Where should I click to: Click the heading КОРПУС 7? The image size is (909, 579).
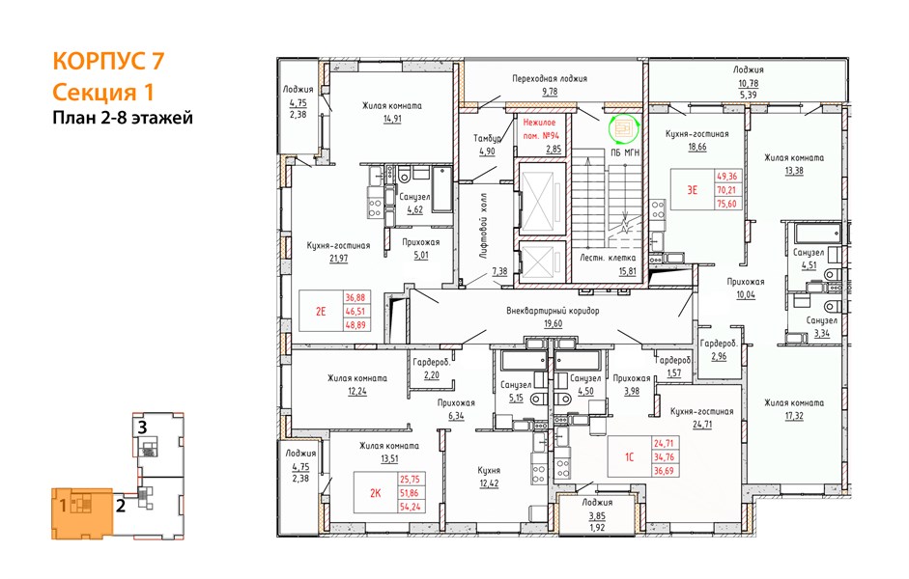108,61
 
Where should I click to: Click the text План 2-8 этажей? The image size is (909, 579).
123,118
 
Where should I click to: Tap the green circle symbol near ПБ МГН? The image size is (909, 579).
623,128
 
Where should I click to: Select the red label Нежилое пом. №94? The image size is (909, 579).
540,128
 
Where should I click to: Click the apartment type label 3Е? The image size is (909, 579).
693,189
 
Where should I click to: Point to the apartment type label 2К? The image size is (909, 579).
376,493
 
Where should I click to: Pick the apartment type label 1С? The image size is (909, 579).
629,456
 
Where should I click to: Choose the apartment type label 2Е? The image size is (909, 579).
321,311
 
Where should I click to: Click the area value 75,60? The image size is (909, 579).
726,204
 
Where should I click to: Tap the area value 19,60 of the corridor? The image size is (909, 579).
553,323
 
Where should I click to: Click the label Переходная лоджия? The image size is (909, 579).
550,78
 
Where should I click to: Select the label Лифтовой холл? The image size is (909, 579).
484,225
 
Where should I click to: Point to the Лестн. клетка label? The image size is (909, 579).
608,257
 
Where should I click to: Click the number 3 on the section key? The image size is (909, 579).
142,427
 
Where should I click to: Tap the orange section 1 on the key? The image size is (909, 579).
81,513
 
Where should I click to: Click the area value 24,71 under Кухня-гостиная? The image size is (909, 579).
701,424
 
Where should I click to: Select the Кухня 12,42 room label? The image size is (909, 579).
489,477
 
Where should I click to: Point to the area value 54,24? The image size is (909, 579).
411,507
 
